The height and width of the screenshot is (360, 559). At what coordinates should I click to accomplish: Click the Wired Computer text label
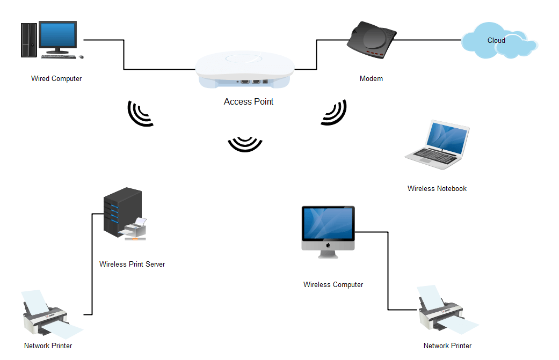(56, 79)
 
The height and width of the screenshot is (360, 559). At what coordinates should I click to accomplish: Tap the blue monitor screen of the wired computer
(57, 36)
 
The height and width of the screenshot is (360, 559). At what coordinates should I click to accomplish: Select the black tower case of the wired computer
(27, 40)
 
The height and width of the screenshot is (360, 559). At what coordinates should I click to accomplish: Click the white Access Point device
(245, 69)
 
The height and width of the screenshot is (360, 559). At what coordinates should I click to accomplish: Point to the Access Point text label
(249, 102)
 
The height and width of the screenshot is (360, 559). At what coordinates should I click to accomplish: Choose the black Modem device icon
(371, 40)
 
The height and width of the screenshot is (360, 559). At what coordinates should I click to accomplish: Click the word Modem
(371, 79)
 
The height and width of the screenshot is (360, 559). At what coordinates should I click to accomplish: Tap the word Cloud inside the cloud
(496, 40)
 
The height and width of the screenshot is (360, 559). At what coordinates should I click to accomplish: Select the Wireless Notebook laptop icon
(438, 146)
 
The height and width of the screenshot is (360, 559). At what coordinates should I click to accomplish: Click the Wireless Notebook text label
(437, 189)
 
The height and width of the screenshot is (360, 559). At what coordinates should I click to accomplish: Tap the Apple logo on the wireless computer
(328, 245)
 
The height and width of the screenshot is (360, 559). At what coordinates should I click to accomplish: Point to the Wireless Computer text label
(333, 285)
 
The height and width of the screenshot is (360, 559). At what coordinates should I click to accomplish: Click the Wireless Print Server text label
(132, 265)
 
